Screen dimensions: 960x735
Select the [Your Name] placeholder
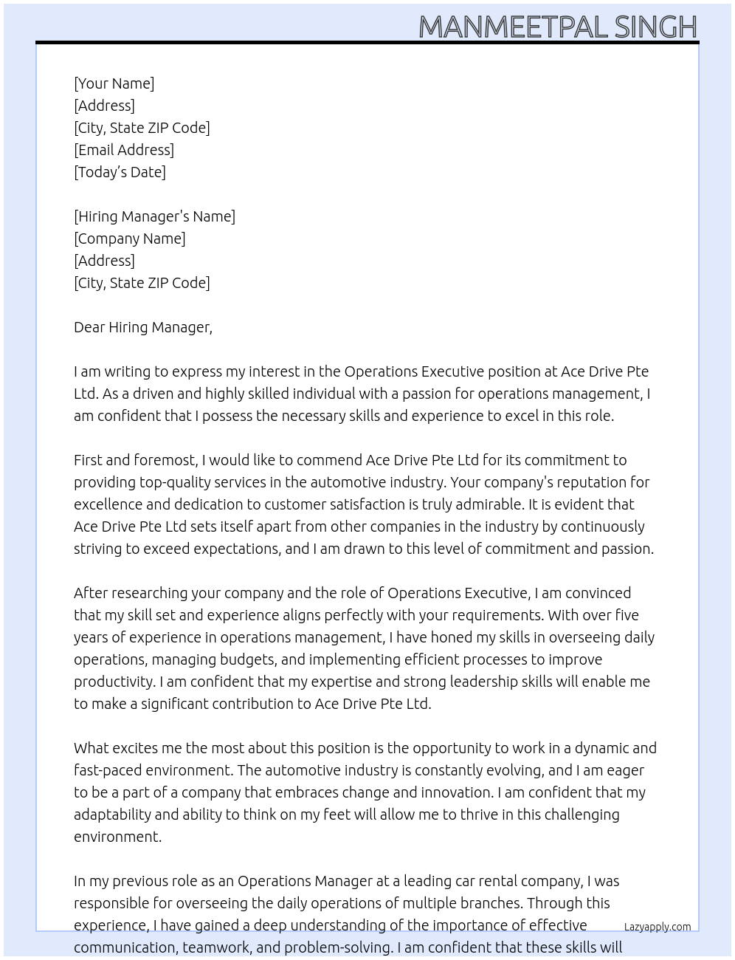click(x=114, y=83)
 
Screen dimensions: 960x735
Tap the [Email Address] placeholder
click(x=124, y=150)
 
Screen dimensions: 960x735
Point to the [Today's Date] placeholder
click(x=120, y=172)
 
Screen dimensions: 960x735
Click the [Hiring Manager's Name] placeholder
click(x=154, y=216)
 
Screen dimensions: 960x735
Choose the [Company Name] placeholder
click(x=129, y=239)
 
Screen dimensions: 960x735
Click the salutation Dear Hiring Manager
click(x=142, y=327)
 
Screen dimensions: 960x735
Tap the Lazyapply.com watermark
click(x=657, y=927)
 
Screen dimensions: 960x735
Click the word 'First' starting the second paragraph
click(x=88, y=460)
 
